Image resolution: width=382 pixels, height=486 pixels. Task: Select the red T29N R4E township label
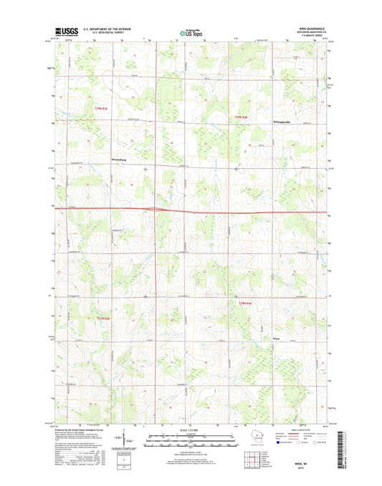click(242, 117)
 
